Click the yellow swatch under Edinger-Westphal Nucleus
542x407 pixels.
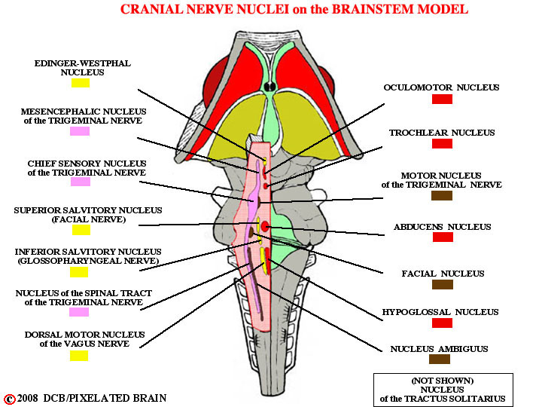(81, 83)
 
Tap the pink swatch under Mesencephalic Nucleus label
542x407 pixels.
(80, 131)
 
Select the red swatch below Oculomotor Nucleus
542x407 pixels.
(442, 99)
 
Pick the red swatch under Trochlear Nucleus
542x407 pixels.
(442, 144)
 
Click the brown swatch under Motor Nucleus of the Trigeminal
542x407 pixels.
(442, 195)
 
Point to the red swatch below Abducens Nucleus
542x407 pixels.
(443, 237)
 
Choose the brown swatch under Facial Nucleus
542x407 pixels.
(443, 284)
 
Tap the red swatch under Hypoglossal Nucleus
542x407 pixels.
(442, 323)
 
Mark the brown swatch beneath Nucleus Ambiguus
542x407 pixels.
(440, 360)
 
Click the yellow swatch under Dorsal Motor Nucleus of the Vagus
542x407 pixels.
(79, 356)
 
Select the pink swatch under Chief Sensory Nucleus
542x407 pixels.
(81, 182)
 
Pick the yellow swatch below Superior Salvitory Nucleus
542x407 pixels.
(81, 230)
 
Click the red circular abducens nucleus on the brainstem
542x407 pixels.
(265, 227)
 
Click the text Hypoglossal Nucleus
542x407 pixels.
(440, 312)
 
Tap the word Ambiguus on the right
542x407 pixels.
(463, 349)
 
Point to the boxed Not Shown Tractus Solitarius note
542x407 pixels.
(443, 390)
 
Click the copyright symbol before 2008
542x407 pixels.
(10, 399)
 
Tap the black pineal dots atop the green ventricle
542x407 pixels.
(270, 86)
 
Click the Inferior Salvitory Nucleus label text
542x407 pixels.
(88, 256)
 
